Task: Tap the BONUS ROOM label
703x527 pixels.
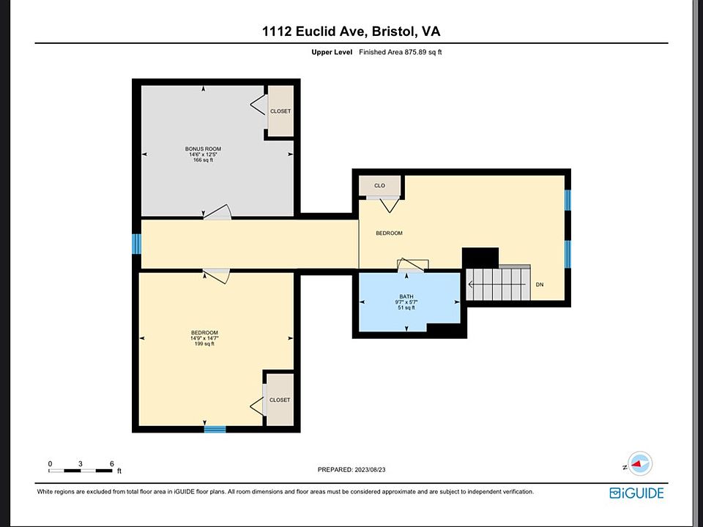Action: coord(203,149)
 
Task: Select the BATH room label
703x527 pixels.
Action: coord(406,296)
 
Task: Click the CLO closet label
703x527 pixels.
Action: coord(380,185)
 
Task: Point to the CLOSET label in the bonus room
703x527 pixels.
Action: coord(280,111)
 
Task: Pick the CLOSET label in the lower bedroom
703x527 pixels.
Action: coord(280,400)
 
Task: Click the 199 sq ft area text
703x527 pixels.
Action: coord(204,344)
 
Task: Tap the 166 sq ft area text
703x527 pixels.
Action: coord(203,160)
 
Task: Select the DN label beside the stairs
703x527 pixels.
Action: coord(540,285)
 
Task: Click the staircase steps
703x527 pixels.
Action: coord(498,284)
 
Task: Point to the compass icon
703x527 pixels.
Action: coord(640,464)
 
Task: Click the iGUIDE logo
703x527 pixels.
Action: coord(636,493)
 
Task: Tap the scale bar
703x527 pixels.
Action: coord(81,471)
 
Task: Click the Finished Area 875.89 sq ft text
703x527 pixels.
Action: coord(401,52)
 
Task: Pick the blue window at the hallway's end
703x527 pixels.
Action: coord(136,244)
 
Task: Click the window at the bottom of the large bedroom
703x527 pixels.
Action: coord(215,430)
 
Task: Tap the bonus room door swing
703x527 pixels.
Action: coord(217,212)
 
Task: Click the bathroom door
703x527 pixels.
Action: coord(411,265)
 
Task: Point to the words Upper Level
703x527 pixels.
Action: coord(332,52)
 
